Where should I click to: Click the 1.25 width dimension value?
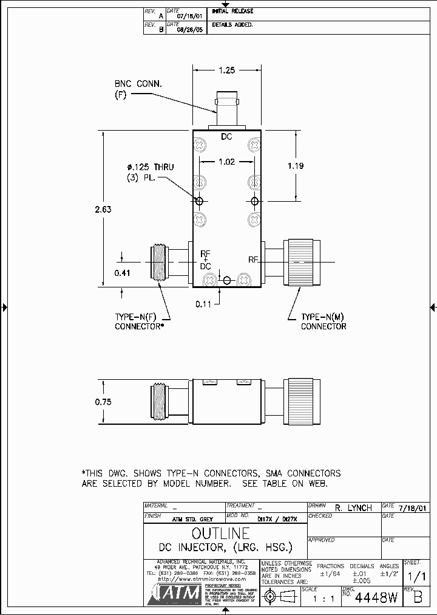tap(226, 70)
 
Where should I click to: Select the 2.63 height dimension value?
tap(103, 209)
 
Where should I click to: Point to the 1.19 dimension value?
tap(296, 166)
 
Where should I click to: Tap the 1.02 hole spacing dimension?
tap(226, 162)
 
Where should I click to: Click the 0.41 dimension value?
tap(122, 273)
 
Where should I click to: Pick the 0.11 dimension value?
tap(203, 303)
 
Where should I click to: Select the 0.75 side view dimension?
tap(103, 402)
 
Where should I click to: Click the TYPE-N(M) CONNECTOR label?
tap(324, 321)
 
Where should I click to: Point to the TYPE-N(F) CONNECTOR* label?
tap(140, 321)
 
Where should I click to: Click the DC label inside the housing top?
tap(226, 137)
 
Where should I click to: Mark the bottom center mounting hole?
tap(227, 280)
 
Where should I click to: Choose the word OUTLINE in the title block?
tap(220, 534)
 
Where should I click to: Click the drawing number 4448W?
tap(376, 598)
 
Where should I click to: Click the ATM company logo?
tap(175, 595)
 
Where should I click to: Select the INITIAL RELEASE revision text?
tap(232, 11)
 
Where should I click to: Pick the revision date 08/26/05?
tap(189, 28)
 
